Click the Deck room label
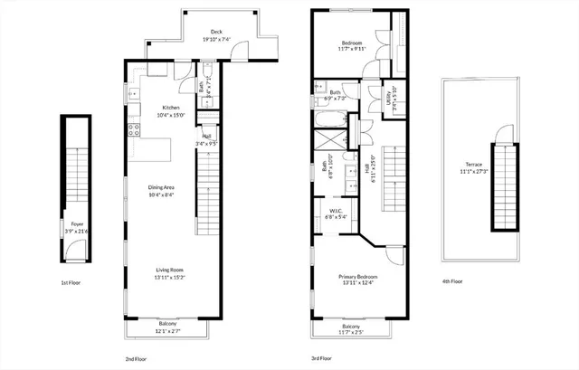point(216,31)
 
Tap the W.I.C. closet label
point(336,212)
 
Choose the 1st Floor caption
point(73,283)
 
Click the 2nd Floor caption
point(137,358)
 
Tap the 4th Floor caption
point(452,280)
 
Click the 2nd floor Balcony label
point(167,323)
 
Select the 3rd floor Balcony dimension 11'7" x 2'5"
point(351,332)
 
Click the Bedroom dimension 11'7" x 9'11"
point(352,49)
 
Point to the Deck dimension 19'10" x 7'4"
point(216,38)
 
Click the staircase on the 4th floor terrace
point(503,185)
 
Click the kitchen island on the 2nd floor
point(153,147)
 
